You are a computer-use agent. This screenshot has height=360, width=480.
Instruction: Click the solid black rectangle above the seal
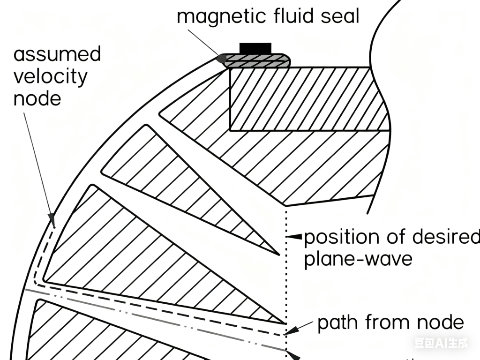tap(255, 48)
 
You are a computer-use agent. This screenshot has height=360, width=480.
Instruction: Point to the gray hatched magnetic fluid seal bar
tap(257, 60)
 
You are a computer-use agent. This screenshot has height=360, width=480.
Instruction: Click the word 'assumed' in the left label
tap(57, 54)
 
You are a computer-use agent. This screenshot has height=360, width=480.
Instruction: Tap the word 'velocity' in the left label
tap(50, 76)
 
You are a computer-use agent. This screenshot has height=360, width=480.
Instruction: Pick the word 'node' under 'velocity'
tap(37, 98)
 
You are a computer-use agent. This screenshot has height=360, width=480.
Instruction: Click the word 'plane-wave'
tap(358, 259)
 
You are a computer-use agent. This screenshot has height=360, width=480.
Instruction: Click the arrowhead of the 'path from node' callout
tap(290, 331)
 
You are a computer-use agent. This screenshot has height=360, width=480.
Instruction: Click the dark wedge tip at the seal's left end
tap(220, 59)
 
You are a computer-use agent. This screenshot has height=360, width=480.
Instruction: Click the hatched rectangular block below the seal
tap(305, 98)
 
